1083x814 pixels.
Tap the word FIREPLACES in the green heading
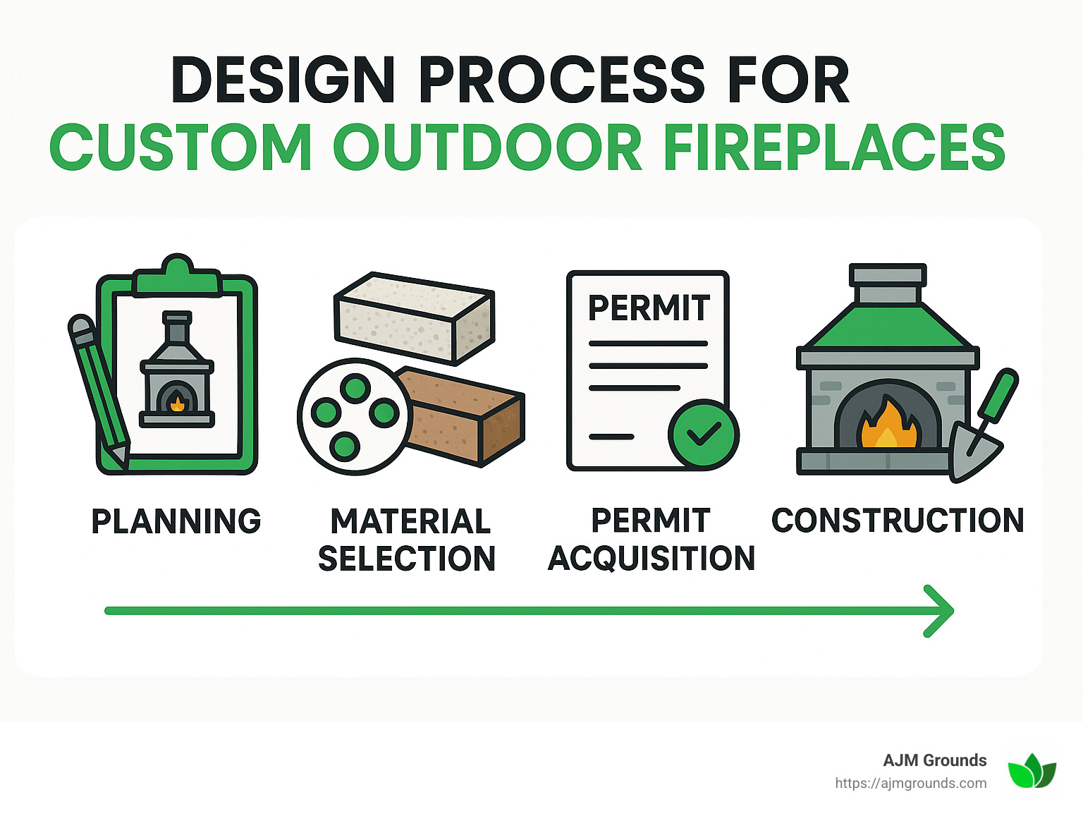834,147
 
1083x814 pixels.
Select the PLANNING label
176,521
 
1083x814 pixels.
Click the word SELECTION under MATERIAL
407,558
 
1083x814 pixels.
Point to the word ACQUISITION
651,558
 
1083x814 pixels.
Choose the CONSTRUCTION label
898,521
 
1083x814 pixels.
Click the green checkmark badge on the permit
703,435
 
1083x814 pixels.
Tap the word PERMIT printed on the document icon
649,308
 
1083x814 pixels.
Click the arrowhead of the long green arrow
941,611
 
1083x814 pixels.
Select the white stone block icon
415,317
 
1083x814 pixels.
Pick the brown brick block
465,416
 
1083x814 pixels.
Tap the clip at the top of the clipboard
176,277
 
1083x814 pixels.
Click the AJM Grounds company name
934,760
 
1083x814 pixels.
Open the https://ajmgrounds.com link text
910,783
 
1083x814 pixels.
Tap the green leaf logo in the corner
1032,771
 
